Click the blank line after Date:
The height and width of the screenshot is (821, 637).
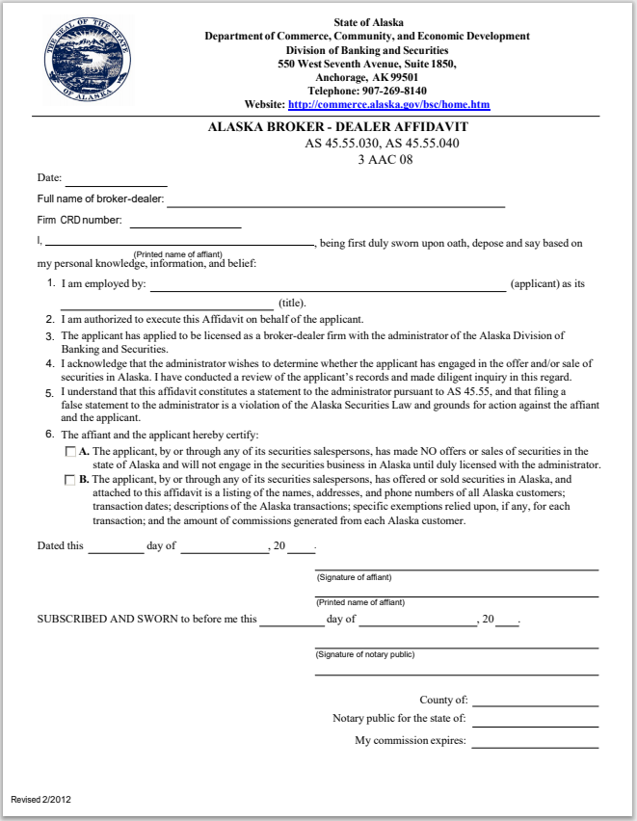click(116, 180)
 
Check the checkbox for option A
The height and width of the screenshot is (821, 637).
click(69, 452)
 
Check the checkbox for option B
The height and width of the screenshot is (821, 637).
click(69, 479)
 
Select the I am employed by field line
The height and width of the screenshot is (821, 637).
click(327, 284)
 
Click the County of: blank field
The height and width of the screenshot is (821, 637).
click(535, 702)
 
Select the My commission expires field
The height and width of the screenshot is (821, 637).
click(535, 742)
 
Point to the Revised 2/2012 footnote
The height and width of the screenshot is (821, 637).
click(40, 800)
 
